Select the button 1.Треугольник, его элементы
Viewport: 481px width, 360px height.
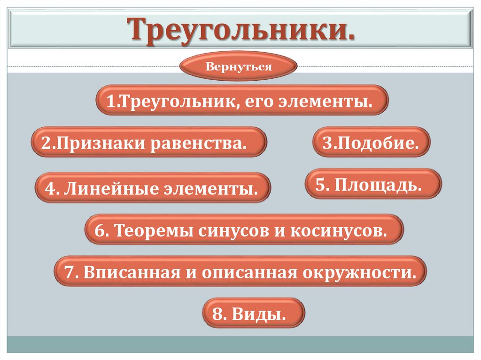tap(242, 100)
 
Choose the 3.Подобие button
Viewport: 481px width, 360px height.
tap(371, 142)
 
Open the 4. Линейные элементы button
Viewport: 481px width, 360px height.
tap(153, 188)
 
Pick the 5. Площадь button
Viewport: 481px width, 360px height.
tap(373, 184)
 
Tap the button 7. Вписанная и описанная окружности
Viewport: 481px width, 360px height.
tap(240, 271)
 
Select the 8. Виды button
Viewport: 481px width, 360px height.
tap(254, 313)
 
